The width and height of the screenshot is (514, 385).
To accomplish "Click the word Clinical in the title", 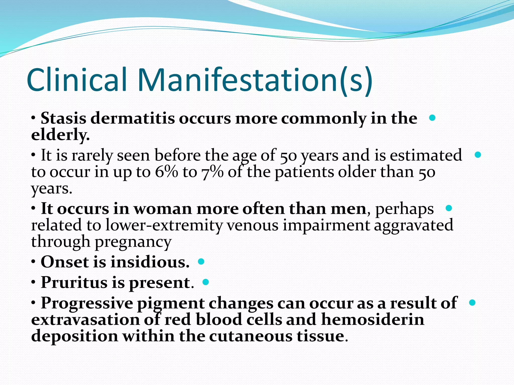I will point(77,80).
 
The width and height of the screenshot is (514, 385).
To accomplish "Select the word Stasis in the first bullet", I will point(63,118).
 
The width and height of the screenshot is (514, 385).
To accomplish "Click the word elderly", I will point(60,135).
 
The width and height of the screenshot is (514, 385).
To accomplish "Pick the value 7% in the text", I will point(212,172).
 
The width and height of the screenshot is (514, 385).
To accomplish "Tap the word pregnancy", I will point(133,242).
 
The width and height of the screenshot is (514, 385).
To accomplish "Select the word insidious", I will point(150,262).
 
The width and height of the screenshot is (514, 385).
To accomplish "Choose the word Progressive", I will point(87,303).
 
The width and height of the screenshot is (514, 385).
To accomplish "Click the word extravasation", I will point(85,320).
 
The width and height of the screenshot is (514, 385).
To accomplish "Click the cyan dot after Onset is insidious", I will point(201,262).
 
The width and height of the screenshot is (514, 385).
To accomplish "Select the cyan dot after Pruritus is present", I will point(206,282).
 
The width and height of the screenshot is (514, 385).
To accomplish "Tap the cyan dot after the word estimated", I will point(478,155).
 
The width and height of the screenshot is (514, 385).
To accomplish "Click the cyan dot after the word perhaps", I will point(448,208).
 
